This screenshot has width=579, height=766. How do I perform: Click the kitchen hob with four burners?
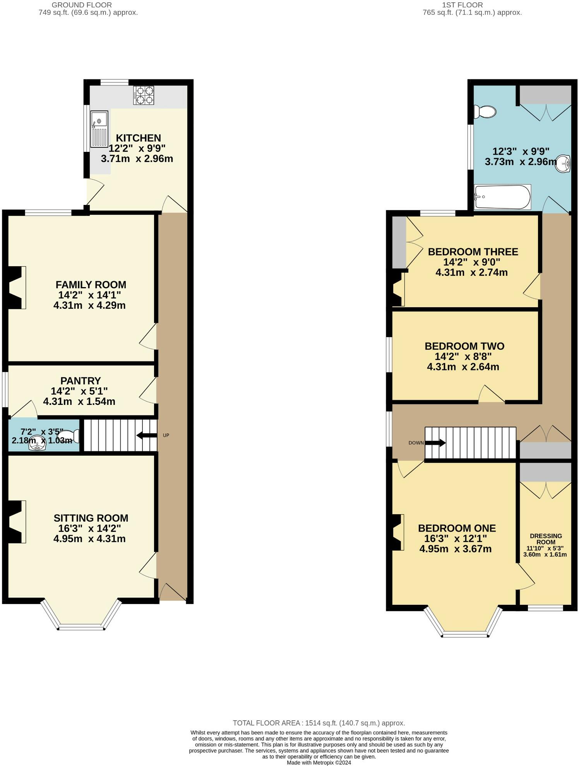click(144, 95)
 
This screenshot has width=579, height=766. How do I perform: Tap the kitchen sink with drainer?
click(99, 129)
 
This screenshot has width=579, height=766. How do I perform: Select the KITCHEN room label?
click(138, 138)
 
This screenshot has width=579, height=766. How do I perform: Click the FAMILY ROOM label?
click(91, 285)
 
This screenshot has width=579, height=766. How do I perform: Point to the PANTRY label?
click(81, 381)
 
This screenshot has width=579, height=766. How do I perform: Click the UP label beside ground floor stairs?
click(166, 435)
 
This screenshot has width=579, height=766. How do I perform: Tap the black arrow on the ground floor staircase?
click(146, 435)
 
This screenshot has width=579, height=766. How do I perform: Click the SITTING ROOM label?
click(91, 518)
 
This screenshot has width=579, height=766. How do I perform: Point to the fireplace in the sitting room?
click(15, 522)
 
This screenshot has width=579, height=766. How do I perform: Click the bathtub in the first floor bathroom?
click(502, 197)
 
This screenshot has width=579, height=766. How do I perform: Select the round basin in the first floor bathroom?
click(563, 164)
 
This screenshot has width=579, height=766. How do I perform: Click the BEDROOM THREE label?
click(473, 252)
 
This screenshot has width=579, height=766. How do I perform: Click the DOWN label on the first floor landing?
click(416, 442)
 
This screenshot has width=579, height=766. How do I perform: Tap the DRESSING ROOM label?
click(546, 539)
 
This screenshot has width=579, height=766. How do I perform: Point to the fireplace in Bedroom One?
click(398, 532)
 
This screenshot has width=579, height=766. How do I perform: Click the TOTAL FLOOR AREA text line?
click(319, 723)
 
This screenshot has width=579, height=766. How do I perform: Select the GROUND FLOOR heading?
click(82, 5)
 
